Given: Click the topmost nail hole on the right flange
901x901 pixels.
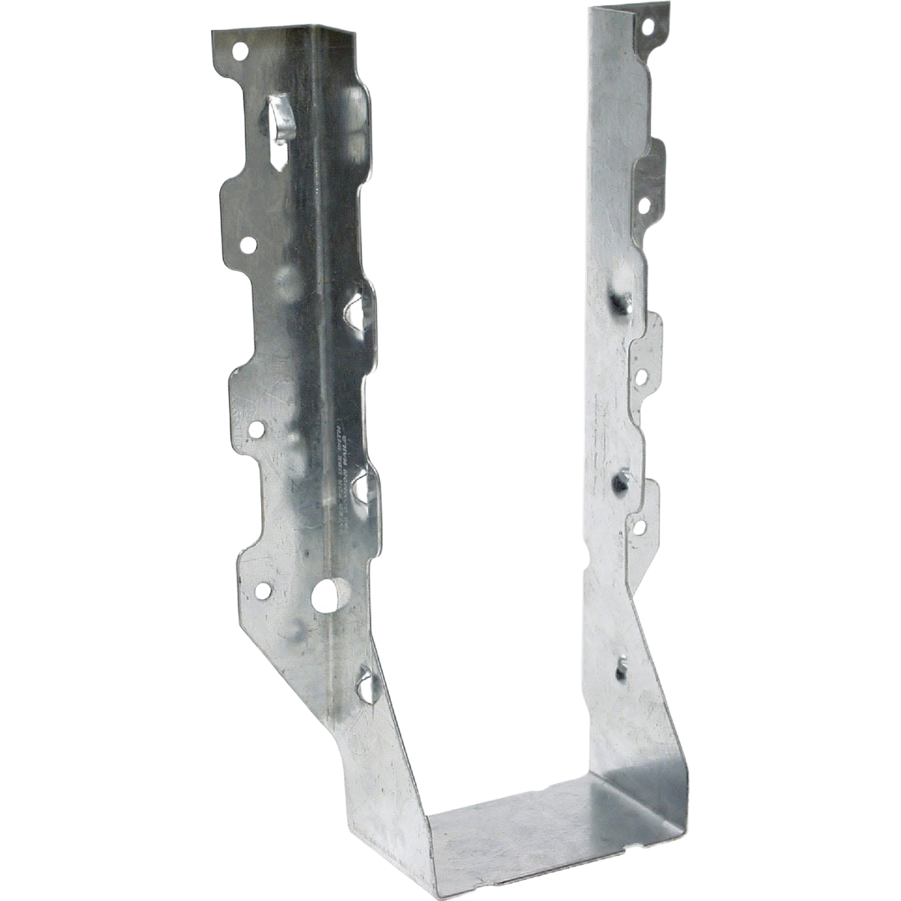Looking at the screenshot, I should click(x=648, y=26).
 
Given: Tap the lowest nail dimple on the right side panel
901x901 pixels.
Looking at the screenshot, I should click(x=622, y=664).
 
